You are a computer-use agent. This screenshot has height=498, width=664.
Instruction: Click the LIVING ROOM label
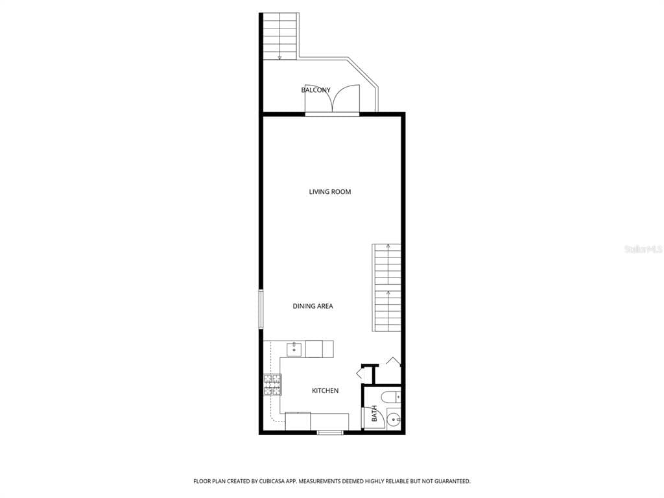[x=330, y=192]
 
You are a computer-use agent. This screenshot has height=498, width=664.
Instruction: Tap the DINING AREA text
[x=313, y=306]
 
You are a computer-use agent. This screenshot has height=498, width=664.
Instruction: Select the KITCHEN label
[x=326, y=391]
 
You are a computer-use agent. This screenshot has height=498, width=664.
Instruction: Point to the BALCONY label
[x=316, y=90]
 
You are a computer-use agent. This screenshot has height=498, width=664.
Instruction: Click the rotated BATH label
[x=374, y=413]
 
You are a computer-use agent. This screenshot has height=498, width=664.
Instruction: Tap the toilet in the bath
[x=390, y=397]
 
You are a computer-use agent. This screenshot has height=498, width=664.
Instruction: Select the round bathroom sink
[x=394, y=420]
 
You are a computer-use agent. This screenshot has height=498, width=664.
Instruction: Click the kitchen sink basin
[x=294, y=350]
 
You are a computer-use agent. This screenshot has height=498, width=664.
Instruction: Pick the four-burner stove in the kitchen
[x=272, y=385]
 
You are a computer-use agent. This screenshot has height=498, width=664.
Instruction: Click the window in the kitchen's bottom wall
[x=330, y=433]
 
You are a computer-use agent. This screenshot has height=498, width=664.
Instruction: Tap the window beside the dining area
[x=261, y=309]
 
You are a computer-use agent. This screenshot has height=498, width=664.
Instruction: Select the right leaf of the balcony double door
[x=346, y=98]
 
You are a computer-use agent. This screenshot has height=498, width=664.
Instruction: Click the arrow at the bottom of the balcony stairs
[x=279, y=57]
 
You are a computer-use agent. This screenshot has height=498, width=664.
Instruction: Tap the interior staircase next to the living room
[x=386, y=287]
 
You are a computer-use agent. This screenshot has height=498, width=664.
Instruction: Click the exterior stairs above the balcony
[x=279, y=36]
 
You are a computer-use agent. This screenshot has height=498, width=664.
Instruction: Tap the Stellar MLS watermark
[x=643, y=250]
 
